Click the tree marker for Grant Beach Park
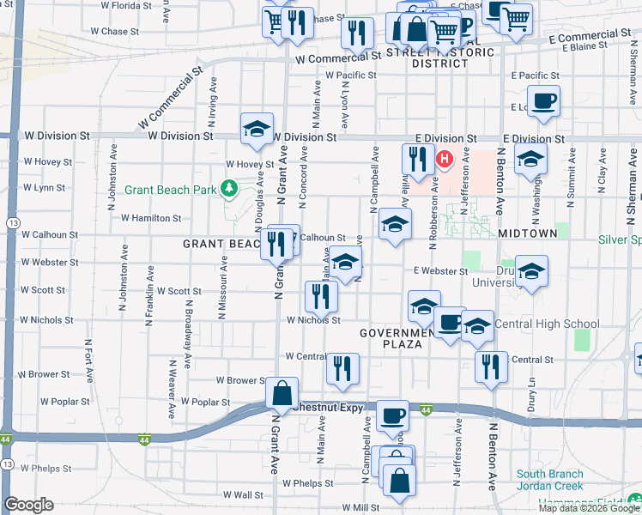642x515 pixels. tap(228, 188)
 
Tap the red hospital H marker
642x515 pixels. tap(445, 160)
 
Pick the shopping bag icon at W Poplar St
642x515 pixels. tap(282, 394)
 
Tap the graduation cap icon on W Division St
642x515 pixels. tap(257, 130)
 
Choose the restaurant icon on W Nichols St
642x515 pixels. tap(321, 297)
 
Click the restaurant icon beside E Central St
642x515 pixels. tap(491, 367)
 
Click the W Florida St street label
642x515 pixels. tap(127, 5)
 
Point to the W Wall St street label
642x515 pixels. tap(243, 494)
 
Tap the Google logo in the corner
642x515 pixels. tap(28, 505)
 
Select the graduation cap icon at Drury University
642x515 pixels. tap(531, 273)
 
